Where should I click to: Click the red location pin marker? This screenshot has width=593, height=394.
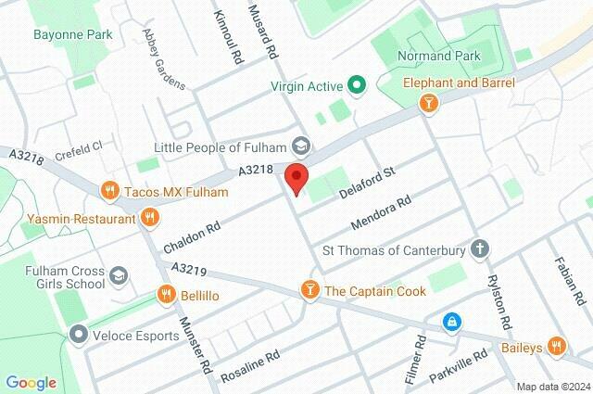pyautogui.click(x=296, y=177)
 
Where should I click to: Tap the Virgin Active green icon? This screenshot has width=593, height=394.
pyautogui.click(x=358, y=86)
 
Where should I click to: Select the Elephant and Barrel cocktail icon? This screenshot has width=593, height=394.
pyautogui.click(x=427, y=105)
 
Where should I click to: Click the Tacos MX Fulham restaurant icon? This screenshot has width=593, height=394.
pyautogui.click(x=109, y=191)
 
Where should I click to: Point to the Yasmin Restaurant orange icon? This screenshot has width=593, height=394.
pyautogui.click(x=150, y=219)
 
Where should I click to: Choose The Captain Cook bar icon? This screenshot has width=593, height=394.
pyautogui.click(x=309, y=291)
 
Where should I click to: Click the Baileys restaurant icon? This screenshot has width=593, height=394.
pyautogui.click(x=556, y=346)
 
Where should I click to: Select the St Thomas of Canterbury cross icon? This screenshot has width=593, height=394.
pyautogui.click(x=478, y=248)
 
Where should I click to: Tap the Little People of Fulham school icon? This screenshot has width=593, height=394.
pyautogui.click(x=300, y=146)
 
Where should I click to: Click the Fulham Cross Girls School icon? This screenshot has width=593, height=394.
pyautogui.click(x=119, y=275)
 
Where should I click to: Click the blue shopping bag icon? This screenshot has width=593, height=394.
pyautogui.click(x=450, y=322)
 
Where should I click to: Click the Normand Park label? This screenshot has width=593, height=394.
pyautogui.click(x=439, y=56)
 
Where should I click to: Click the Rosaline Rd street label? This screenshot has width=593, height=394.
pyautogui.click(x=250, y=367)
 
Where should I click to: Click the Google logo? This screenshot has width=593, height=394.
pyautogui.click(x=31, y=382)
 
